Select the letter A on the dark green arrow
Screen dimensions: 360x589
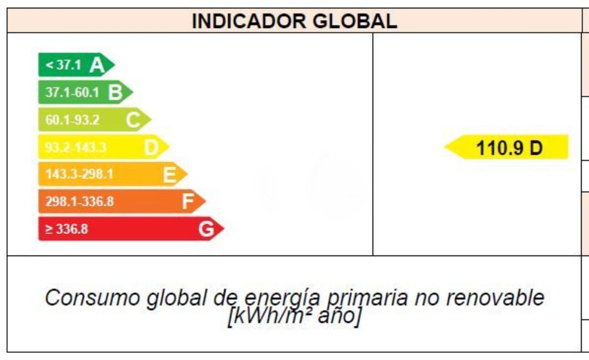97,65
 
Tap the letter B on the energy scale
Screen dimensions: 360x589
115,93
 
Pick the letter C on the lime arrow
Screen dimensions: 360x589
133,120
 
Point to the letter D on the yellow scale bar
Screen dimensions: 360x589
151,147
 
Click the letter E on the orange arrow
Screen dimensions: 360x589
169,175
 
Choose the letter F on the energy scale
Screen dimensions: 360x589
188,202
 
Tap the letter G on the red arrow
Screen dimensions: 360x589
206,229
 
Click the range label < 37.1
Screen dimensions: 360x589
63,65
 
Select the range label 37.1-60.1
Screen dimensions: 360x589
72,93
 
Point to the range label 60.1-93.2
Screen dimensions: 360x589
72,120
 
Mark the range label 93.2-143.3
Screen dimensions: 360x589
75,147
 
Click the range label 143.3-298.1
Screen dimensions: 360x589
79,174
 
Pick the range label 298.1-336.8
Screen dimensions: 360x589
79,202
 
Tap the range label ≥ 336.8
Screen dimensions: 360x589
66,229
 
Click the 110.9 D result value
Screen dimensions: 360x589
509,148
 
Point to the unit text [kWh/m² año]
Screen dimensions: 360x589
294,316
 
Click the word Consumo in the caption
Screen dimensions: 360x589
93,298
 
